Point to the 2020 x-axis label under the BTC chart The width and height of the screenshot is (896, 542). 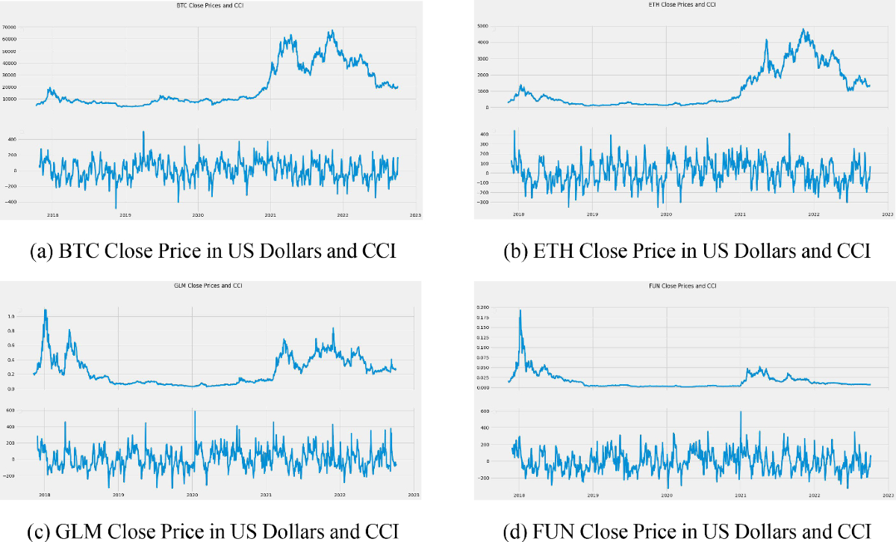click(198, 215)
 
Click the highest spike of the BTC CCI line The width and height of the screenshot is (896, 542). click(143, 132)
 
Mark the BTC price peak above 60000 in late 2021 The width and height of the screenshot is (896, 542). click(330, 31)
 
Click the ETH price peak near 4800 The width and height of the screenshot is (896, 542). click(803, 30)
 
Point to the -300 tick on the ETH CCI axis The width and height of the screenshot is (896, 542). click(484, 202)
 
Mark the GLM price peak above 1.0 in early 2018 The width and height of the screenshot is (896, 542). click(46, 310)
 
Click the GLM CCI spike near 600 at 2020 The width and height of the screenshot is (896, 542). click(194, 410)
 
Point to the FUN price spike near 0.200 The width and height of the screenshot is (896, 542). click(520, 310)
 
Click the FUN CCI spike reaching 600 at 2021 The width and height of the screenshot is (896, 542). click(741, 411)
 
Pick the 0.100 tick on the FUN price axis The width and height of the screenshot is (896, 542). click(482, 347)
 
